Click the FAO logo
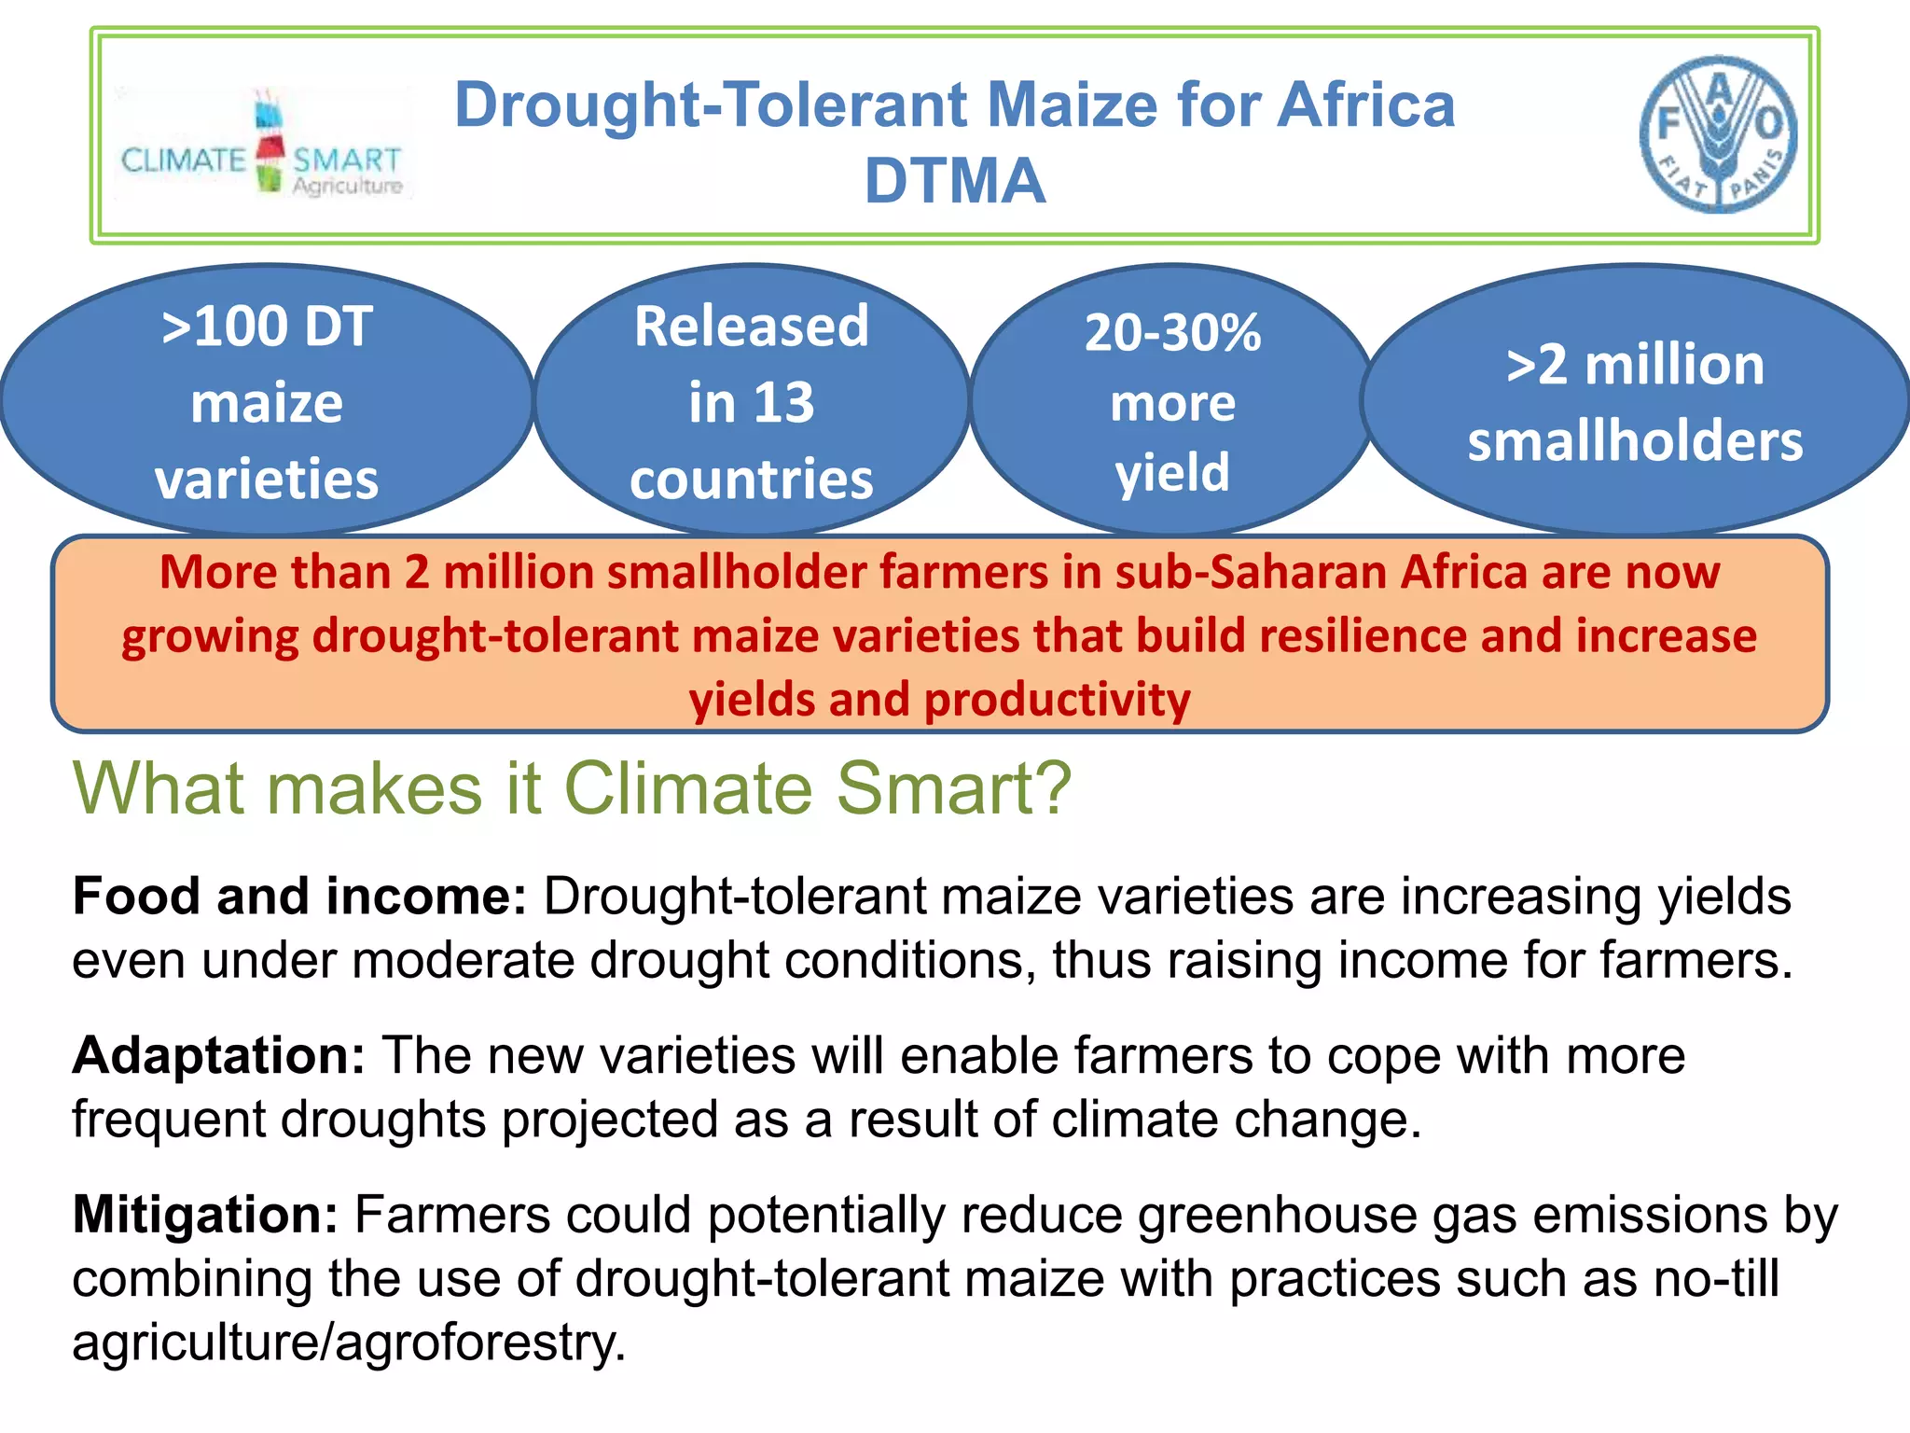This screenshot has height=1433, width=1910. pos(1718,134)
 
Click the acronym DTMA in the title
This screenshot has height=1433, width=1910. pos(954,181)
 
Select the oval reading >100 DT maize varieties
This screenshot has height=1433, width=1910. pos(267,401)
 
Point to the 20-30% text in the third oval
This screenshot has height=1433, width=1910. pos(1172,333)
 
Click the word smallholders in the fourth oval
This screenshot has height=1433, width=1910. pos(1635,441)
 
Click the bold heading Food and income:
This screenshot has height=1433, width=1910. pos(299,897)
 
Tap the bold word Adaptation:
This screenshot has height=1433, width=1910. pos(218,1055)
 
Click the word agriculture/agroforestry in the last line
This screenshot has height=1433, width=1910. pos(348,1343)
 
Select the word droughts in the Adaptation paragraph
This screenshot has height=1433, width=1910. pos(382,1120)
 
